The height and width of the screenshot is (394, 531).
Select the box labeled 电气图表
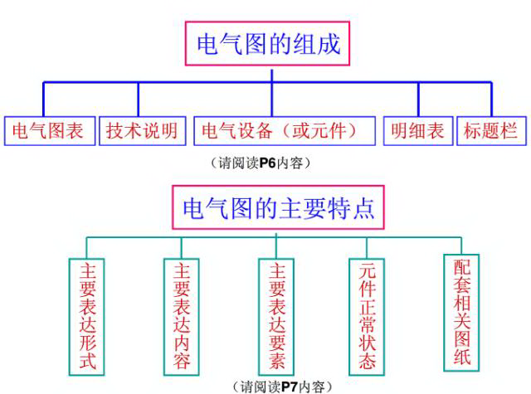coord(48,131)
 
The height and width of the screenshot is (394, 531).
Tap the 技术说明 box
coord(142,131)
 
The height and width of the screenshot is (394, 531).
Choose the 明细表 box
coord(417,131)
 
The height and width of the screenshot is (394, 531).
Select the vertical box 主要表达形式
coord(87,316)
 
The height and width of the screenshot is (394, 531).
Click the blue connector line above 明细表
coord(418,100)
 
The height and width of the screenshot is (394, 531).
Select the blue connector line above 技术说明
coord(139,100)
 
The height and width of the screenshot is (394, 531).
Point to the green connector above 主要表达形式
coord(86,247)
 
